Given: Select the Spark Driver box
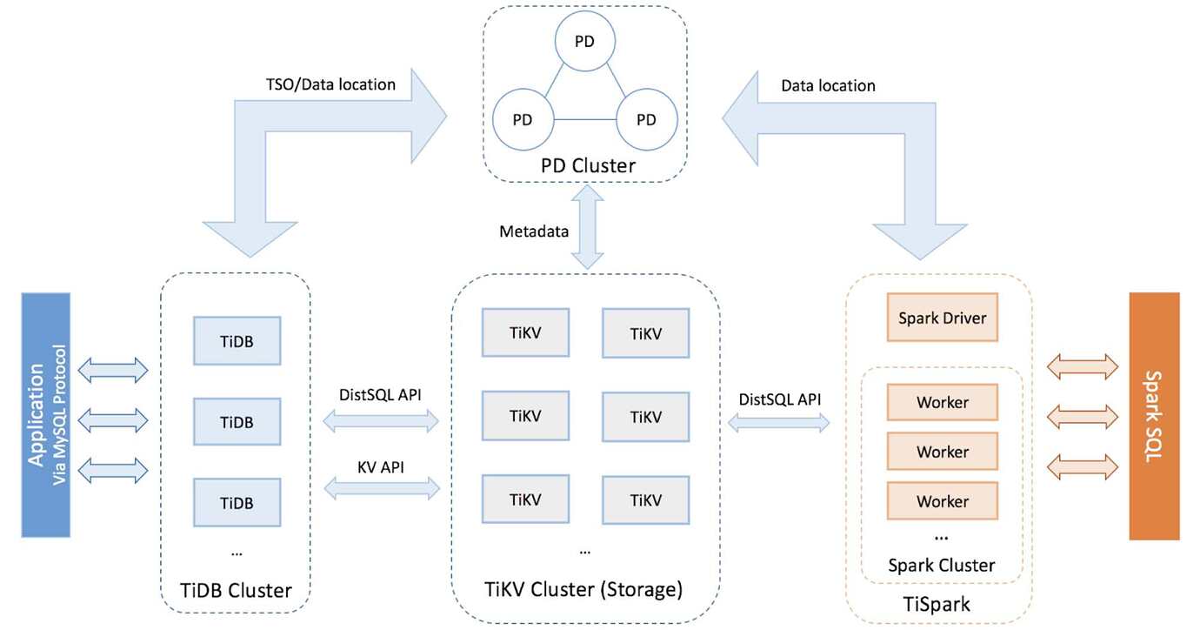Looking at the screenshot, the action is (x=942, y=317).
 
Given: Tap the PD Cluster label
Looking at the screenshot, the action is (x=588, y=165).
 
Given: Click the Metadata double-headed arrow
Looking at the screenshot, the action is (x=587, y=227).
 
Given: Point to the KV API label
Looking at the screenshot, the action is (x=380, y=467).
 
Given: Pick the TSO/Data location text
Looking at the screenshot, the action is (x=330, y=84).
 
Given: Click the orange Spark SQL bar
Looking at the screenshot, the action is (x=1154, y=416).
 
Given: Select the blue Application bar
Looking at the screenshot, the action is (x=45, y=414).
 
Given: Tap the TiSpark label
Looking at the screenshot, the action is (x=937, y=604).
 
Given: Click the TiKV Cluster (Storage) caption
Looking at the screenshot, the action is (x=583, y=589).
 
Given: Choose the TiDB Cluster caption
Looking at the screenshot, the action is (x=236, y=590).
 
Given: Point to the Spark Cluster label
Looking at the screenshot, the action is (x=941, y=565).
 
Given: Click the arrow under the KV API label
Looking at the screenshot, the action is (x=382, y=488).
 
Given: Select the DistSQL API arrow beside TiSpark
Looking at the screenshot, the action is (x=779, y=423).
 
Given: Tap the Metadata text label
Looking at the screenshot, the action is (x=534, y=231).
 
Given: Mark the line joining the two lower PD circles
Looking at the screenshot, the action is (x=584, y=119).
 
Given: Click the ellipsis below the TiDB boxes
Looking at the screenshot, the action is (x=237, y=553).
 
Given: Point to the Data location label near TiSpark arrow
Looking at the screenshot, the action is (x=828, y=85).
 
